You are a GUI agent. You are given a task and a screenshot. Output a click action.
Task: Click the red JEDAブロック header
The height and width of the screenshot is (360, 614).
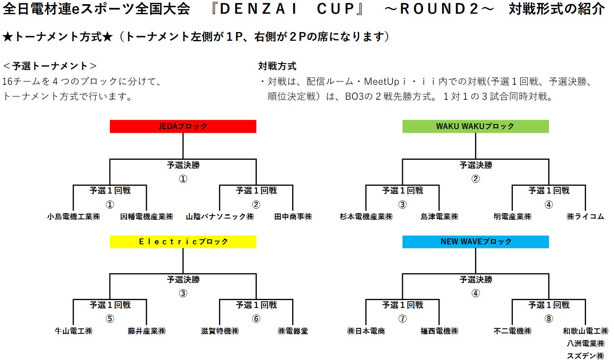point(183,127)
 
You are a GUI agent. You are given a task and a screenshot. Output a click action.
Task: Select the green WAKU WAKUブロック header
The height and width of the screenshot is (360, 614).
point(475,127)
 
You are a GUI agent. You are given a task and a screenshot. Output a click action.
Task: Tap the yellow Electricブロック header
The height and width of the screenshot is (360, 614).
point(183,242)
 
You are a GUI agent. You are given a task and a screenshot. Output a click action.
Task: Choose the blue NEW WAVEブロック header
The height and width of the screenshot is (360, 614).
point(475,242)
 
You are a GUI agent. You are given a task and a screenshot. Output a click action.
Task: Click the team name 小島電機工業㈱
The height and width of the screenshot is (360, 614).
point(74,217)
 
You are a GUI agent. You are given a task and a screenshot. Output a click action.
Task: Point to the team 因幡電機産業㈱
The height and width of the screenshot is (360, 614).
point(147,217)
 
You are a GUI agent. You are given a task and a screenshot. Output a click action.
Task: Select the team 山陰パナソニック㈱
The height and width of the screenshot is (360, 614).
point(220,217)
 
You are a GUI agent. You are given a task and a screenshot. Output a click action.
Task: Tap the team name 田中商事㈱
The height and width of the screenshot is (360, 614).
point(293,217)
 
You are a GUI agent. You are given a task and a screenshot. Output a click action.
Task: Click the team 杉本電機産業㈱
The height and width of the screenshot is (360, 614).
point(366,217)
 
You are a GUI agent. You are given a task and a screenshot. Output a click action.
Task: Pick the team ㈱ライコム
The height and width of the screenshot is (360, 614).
point(585,217)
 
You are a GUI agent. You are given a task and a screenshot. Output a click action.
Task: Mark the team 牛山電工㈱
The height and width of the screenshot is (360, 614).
point(74,331)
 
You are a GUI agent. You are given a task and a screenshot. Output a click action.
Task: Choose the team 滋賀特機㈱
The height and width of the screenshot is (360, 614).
point(220,331)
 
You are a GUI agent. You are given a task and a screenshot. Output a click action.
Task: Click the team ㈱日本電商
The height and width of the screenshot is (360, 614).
point(366,331)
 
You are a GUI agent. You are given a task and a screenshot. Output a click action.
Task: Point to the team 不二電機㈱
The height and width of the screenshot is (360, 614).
point(512,331)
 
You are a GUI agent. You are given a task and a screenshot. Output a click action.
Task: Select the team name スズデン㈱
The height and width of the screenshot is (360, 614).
point(585,356)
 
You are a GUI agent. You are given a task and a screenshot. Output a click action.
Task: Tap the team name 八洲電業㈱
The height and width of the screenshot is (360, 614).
point(585,344)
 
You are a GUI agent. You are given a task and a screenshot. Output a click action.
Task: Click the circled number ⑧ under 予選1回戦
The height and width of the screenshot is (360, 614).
point(549,319)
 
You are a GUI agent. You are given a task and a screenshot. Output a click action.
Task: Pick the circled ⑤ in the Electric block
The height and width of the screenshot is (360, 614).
point(110,319)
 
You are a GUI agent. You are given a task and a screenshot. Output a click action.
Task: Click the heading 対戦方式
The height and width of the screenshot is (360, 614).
point(277,66)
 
